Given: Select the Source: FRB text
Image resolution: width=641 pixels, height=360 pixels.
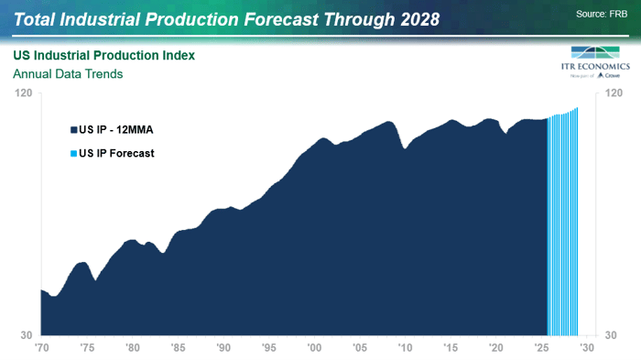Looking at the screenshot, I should [x=603, y=14].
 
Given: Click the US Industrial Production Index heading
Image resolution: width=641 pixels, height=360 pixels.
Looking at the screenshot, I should [x=103, y=56].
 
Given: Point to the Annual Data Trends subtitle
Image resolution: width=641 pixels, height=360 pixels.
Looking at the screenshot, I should [x=68, y=74].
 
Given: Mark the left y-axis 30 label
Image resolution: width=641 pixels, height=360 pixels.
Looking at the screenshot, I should [x=27, y=335].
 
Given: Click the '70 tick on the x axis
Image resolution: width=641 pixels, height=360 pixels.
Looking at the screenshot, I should [x=41, y=349].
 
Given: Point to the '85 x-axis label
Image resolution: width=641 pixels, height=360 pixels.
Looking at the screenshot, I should [x=178, y=349].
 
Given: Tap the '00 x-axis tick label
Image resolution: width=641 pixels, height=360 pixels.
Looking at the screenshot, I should [x=314, y=349].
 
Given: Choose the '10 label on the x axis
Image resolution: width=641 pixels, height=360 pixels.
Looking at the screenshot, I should [x=405, y=349].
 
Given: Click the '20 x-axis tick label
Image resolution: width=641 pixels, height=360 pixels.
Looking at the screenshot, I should [x=495, y=349].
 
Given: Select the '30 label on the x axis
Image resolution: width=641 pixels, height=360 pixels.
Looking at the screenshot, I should [x=586, y=349].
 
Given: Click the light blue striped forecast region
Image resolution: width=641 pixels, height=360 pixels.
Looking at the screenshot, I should [x=562, y=229].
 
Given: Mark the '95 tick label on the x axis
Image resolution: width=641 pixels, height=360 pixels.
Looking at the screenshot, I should [x=268, y=349].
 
